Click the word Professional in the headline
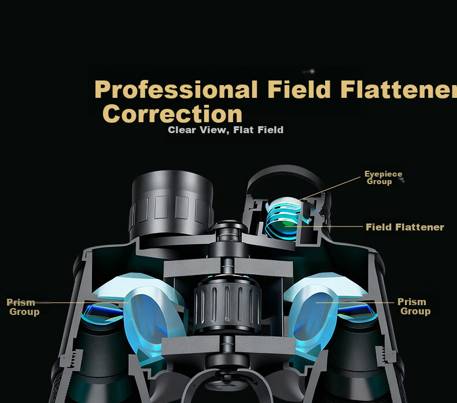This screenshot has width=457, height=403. click(x=176, y=90)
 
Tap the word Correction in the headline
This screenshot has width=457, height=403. click(x=172, y=114)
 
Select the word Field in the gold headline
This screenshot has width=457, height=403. click(x=298, y=89)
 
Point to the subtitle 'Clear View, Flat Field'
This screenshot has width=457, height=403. click(x=226, y=130)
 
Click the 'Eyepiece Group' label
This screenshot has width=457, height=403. click(x=384, y=178)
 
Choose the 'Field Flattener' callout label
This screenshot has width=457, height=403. click(x=405, y=227)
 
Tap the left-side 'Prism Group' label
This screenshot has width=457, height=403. click(x=23, y=307)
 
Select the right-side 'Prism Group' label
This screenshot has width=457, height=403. click(x=414, y=306)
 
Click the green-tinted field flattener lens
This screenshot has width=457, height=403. click(x=283, y=224)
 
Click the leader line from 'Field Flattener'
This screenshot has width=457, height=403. click(x=323, y=226)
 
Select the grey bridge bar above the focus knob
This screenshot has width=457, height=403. click(x=228, y=267)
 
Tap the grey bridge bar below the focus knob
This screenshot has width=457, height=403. click(x=228, y=345)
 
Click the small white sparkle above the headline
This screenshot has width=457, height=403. click(x=312, y=71)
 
